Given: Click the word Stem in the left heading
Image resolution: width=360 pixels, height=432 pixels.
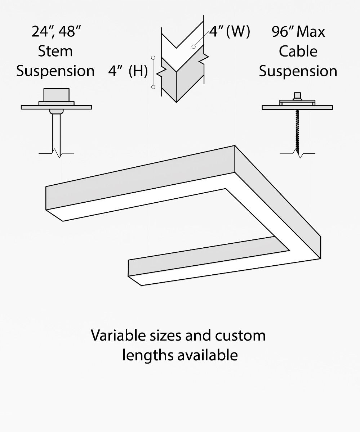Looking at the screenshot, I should pyautogui.click(x=55, y=51).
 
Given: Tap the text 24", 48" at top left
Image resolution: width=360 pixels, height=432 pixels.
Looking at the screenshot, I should pyautogui.click(x=55, y=32).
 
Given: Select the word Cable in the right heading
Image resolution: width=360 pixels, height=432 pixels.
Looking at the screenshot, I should pyautogui.click(x=298, y=51).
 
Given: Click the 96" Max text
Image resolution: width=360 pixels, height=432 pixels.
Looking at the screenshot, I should pyautogui.click(x=298, y=32).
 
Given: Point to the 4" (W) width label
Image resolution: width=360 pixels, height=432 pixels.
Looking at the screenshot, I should pyautogui.click(x=230, y=32).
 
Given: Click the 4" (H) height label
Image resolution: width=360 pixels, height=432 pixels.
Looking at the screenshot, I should pyautogui.click(x=128, y=71).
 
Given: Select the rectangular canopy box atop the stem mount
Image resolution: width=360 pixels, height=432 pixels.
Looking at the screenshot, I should pyautogui.click(x=56, y=95).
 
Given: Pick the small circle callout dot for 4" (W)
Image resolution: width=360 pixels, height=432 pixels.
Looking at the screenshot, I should pyautogui.click(x=194, y=46).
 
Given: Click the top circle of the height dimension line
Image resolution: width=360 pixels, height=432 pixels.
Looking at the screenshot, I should pyautogui.click(x=153, y=58).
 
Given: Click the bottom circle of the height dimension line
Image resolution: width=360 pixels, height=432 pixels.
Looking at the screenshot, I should pyautogui.click(x=153, y=87).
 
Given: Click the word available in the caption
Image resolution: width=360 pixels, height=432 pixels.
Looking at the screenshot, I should pyautogui.click(x=207, y=355).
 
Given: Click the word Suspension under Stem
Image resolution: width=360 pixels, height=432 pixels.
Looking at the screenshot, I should pyautogui.click(x=55, y=71).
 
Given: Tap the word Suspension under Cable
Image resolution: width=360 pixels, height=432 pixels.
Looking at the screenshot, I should pyautogui.click(x=298, y=71).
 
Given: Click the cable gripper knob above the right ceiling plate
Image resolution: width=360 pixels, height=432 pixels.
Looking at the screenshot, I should pyautogui.click(x=297, y=96).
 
